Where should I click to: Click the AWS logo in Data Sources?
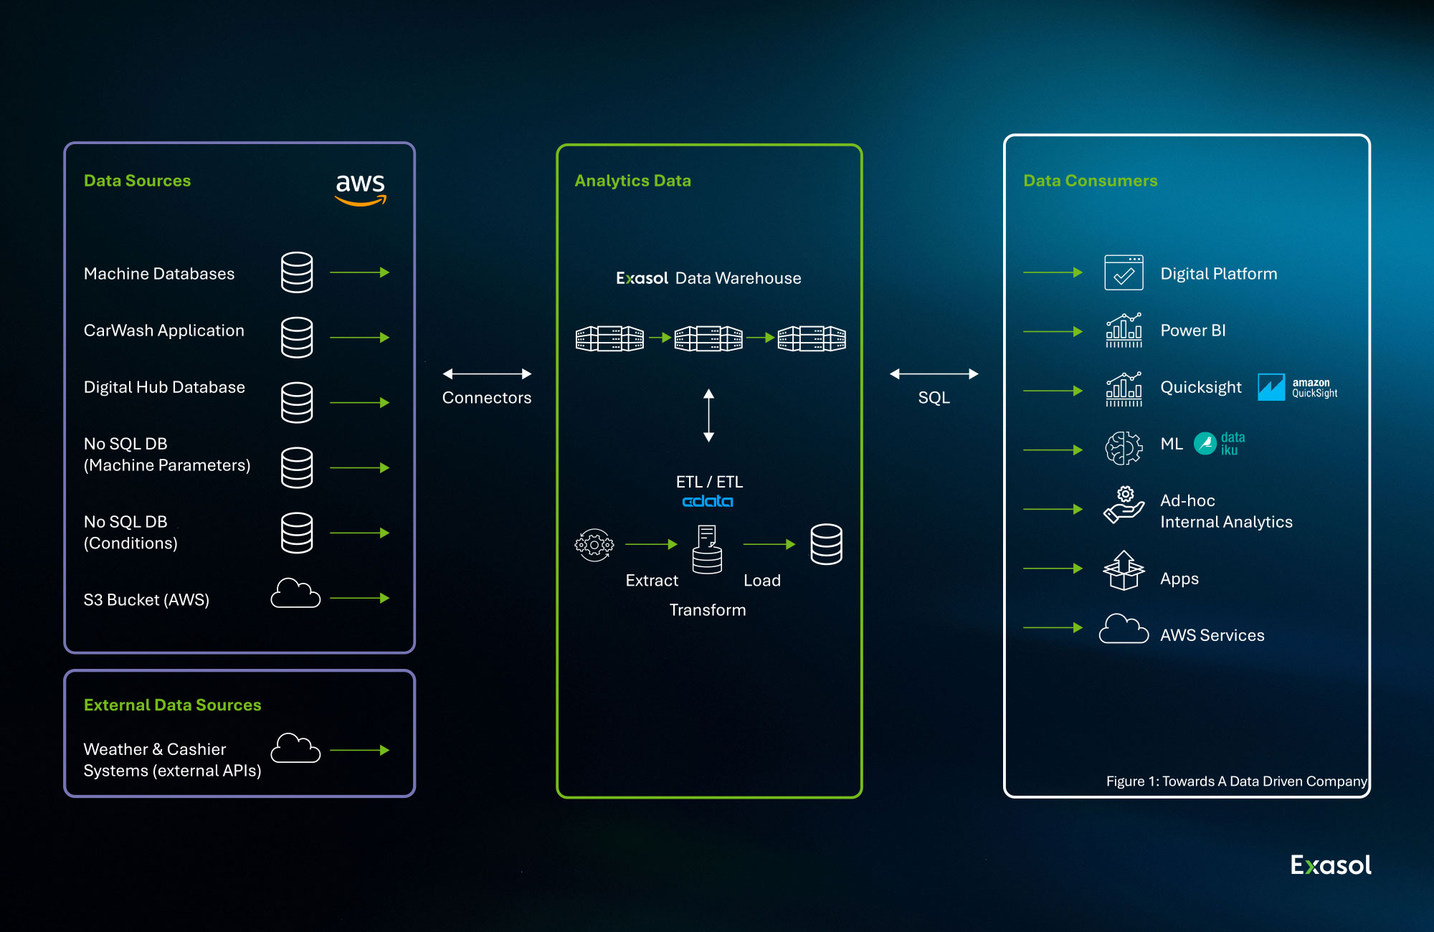pos(361,189)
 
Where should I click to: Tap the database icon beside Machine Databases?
pos(297,272)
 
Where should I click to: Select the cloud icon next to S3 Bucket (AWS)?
pos(295,594)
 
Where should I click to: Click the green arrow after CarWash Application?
pos(360,338)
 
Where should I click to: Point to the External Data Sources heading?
pos(173,705)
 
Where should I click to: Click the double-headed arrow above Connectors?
pos(487,374)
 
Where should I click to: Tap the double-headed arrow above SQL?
pos(934,374)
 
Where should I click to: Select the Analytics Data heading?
pos(633,181)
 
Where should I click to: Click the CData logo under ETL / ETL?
pos(708,501)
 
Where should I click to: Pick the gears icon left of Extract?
pos(594,546)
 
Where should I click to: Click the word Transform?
pos(708,610)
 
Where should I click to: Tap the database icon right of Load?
pos(826,544)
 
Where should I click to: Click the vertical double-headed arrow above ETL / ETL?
pos(708,415)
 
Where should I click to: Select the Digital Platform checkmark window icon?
pos(1124,272)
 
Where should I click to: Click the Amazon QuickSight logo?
pos(1298,387)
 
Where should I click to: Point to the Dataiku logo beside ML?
pos(1220,444)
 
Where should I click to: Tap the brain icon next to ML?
pos(1124,448)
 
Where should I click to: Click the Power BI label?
pos(1193,331)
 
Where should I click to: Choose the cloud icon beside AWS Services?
pos(1124,629)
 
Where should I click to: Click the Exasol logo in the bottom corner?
pos(1331,865)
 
